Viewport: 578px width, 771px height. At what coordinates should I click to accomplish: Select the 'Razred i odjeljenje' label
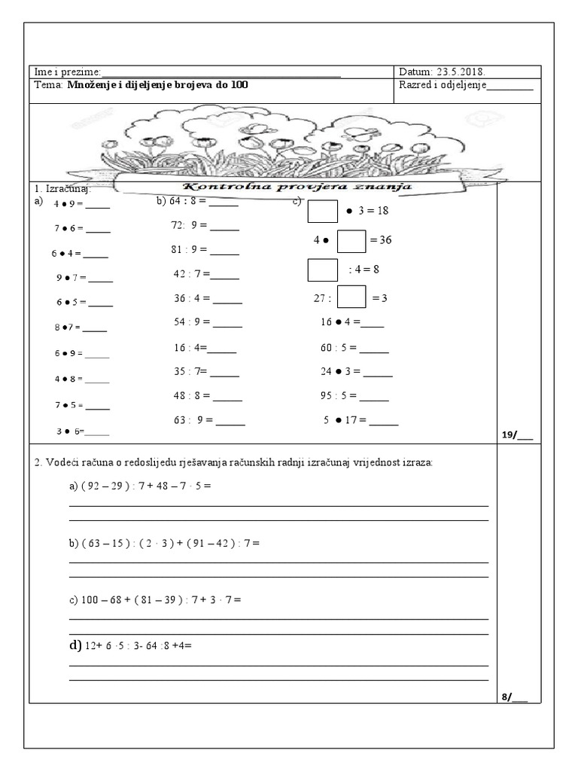point(444,85)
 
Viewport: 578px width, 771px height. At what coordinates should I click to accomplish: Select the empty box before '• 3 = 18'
point(323,211)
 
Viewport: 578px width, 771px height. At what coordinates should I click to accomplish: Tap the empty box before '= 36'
point(351,240)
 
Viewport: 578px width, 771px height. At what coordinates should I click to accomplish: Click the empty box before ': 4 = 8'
point(323,270)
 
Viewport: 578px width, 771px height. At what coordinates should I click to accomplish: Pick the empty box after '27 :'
point(351,297)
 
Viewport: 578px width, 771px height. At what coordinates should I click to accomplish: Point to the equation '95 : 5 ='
point(338,398)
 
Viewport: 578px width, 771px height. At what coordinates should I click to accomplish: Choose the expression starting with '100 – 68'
point(154,600)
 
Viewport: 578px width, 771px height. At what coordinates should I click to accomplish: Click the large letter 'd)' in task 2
point(75,645)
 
